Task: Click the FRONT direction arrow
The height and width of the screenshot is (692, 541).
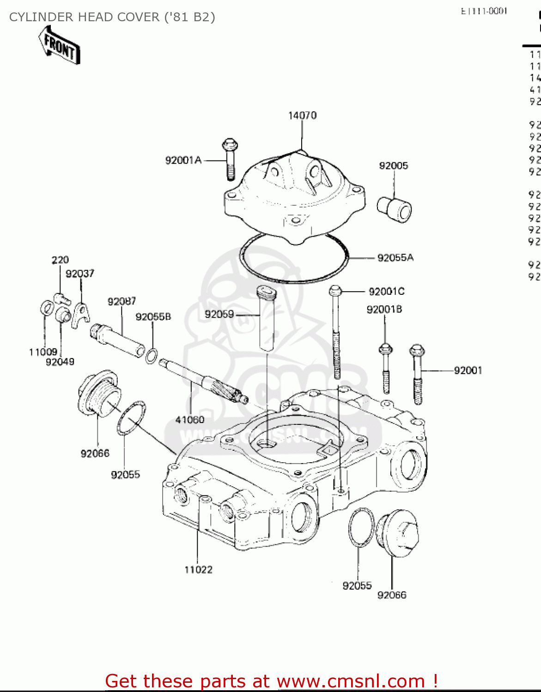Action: click(60, 45)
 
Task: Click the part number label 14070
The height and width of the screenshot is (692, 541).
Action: click(302, 115)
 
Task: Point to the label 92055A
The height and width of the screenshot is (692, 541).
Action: click(395, 258)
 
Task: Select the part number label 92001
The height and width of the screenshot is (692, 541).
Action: click(468, 370)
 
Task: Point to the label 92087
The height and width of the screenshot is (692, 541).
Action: click(122, 302)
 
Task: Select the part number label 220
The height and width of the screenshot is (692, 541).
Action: click(60, 260)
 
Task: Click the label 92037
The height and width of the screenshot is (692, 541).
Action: click(79, 274)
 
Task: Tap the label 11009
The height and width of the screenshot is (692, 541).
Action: click(43, 352)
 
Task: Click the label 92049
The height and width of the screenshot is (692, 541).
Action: click(60, 362)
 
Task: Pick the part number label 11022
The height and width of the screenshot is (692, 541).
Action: click(198, 570)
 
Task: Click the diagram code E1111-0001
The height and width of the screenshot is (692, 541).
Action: click(484, 11)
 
